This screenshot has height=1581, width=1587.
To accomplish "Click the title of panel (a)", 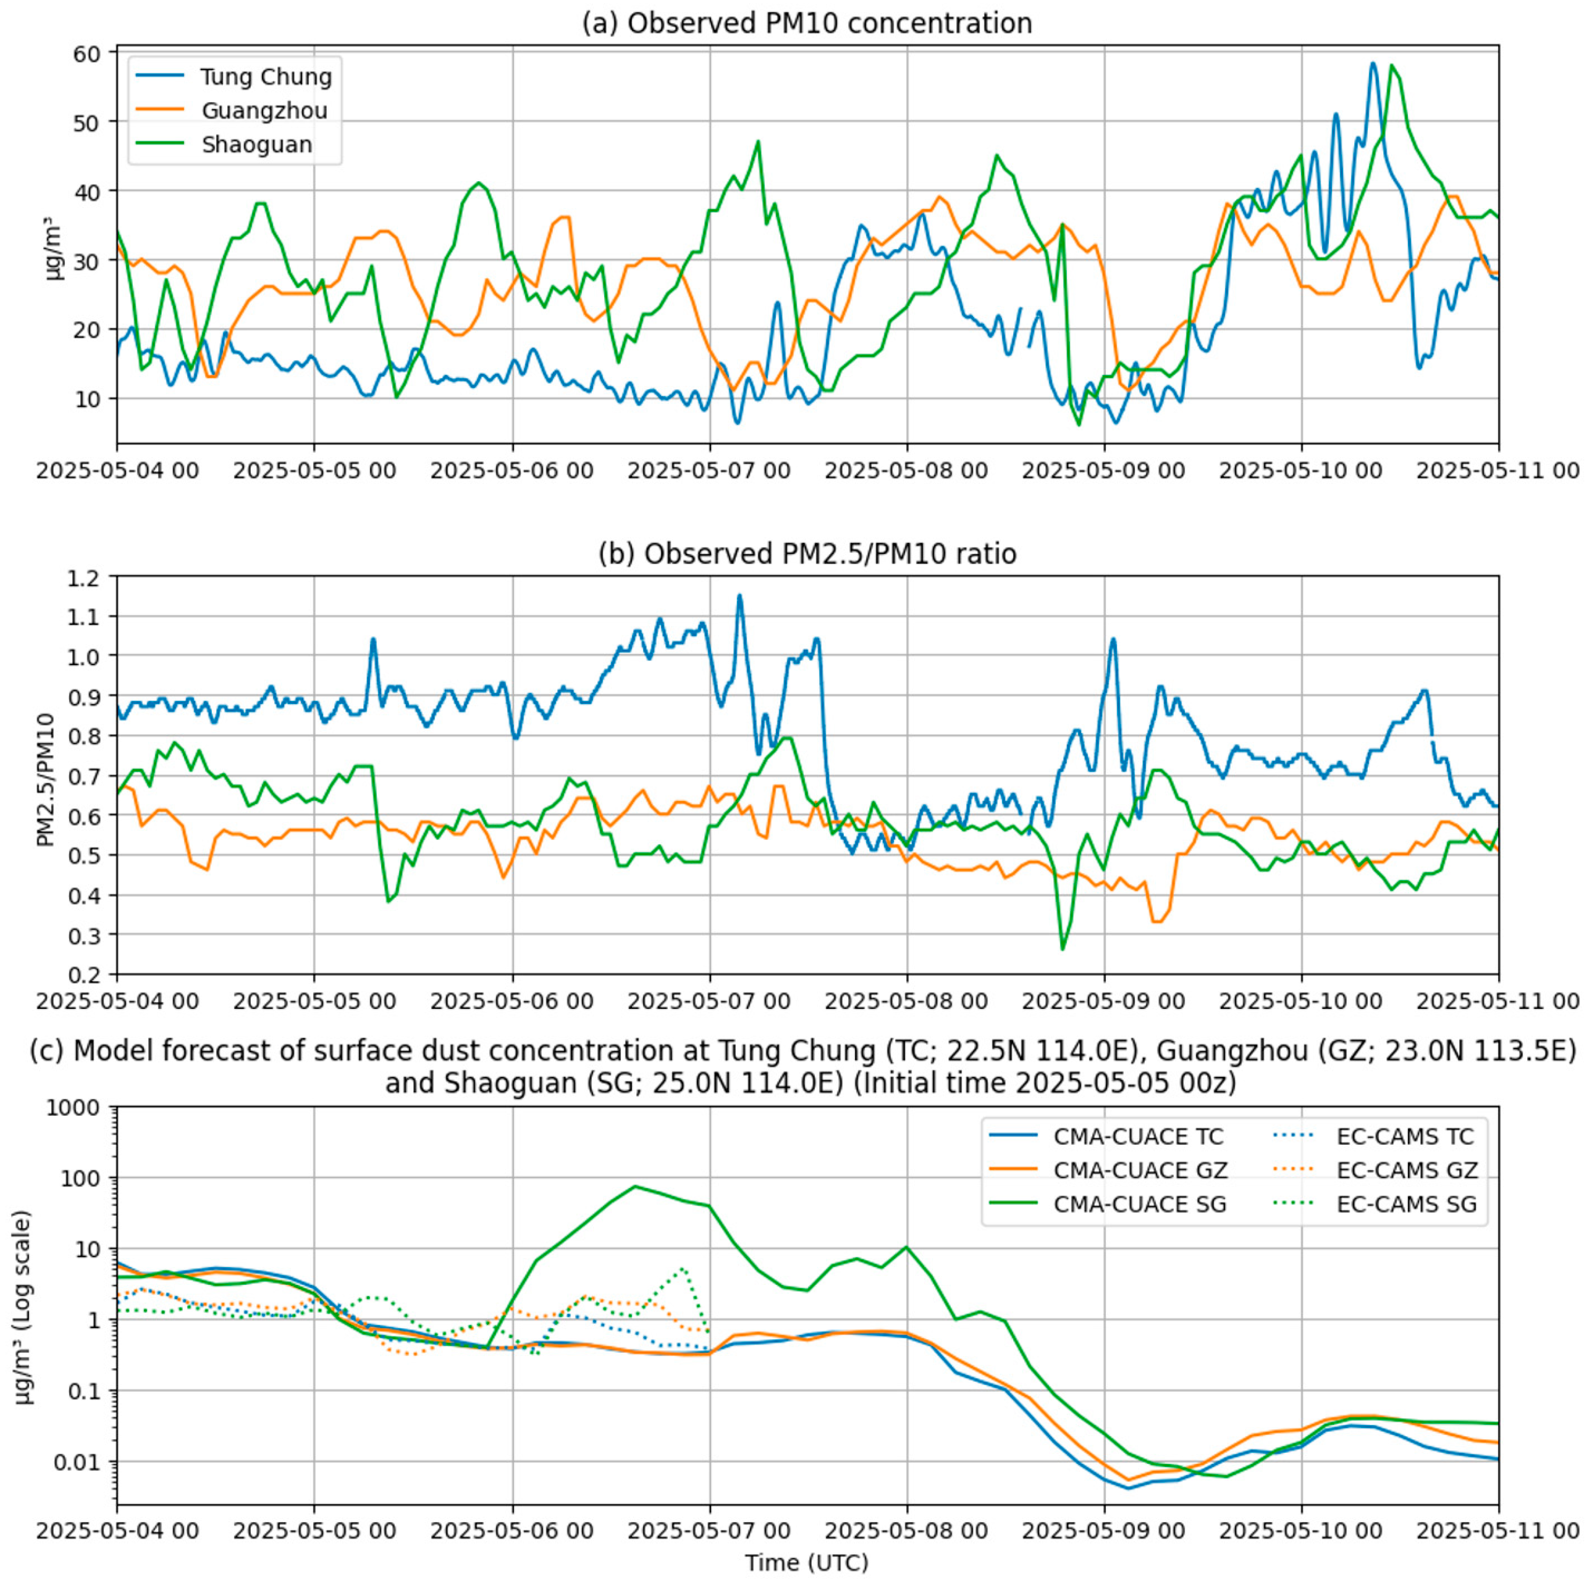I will (x=807, y=23).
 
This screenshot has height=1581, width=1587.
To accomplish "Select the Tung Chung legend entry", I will (x=265, y=77).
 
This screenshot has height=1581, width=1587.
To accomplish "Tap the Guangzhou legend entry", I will (x=264, y=111).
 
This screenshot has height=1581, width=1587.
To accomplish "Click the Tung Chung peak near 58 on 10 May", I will (x=1373, y=63).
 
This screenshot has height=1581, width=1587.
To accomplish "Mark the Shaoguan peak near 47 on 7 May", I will (x=758, y=141).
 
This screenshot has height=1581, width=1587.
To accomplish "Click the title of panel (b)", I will (x=807, y=554).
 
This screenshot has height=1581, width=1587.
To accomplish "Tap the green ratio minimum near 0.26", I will (x=1063, y=950).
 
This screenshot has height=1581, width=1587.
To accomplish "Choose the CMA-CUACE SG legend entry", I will (x=1139, y=1204).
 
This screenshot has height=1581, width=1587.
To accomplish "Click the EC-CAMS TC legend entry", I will (x=1405, y=1137).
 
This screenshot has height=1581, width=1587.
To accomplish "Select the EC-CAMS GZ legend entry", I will (x=1406, y=1170).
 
